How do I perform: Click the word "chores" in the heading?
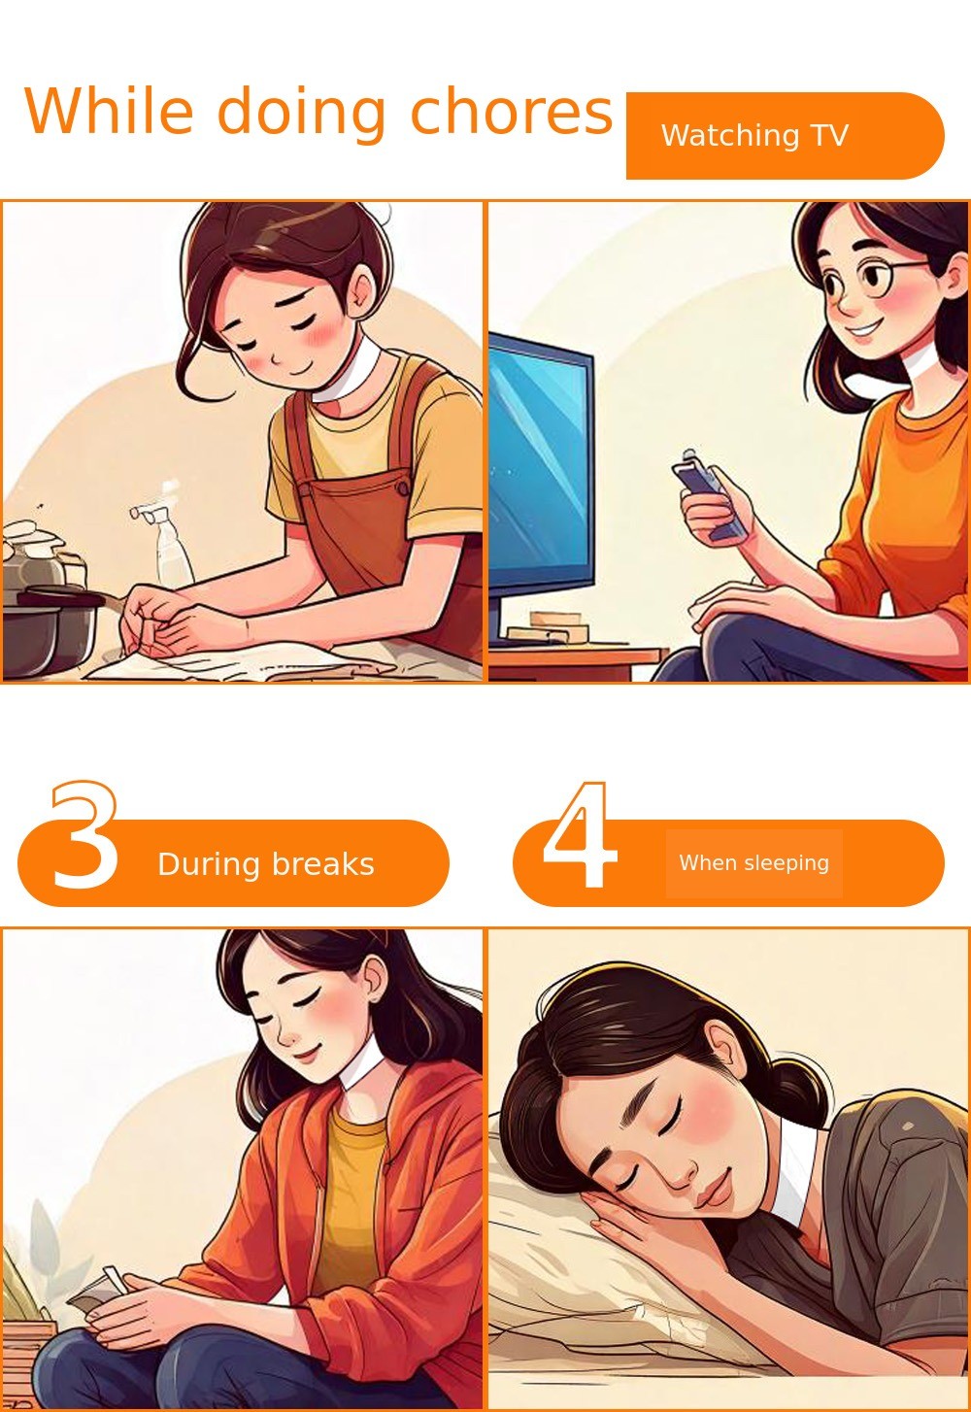point(511,112)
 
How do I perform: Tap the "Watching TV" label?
point(754,136)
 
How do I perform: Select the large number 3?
point(84,834)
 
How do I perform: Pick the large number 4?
point(580,834)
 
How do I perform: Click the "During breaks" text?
point(266,864)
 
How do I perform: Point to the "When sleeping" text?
point(753,863)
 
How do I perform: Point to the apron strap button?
point(402,487)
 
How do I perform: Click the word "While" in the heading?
point(109,111)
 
